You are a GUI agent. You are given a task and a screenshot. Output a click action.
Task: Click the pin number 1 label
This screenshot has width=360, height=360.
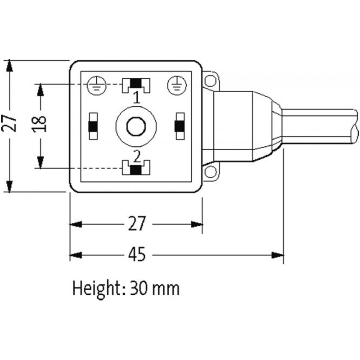tap(136, 96)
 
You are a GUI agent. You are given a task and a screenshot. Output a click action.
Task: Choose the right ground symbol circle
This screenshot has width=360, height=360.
tap(175, 84)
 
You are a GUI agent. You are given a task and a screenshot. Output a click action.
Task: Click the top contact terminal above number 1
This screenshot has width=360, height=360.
tap(136, 84)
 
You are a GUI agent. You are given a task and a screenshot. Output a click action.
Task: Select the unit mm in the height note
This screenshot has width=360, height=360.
tap(166, 288)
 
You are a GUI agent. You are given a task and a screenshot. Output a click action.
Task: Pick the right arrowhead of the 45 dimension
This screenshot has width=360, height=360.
tap(279, 255)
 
